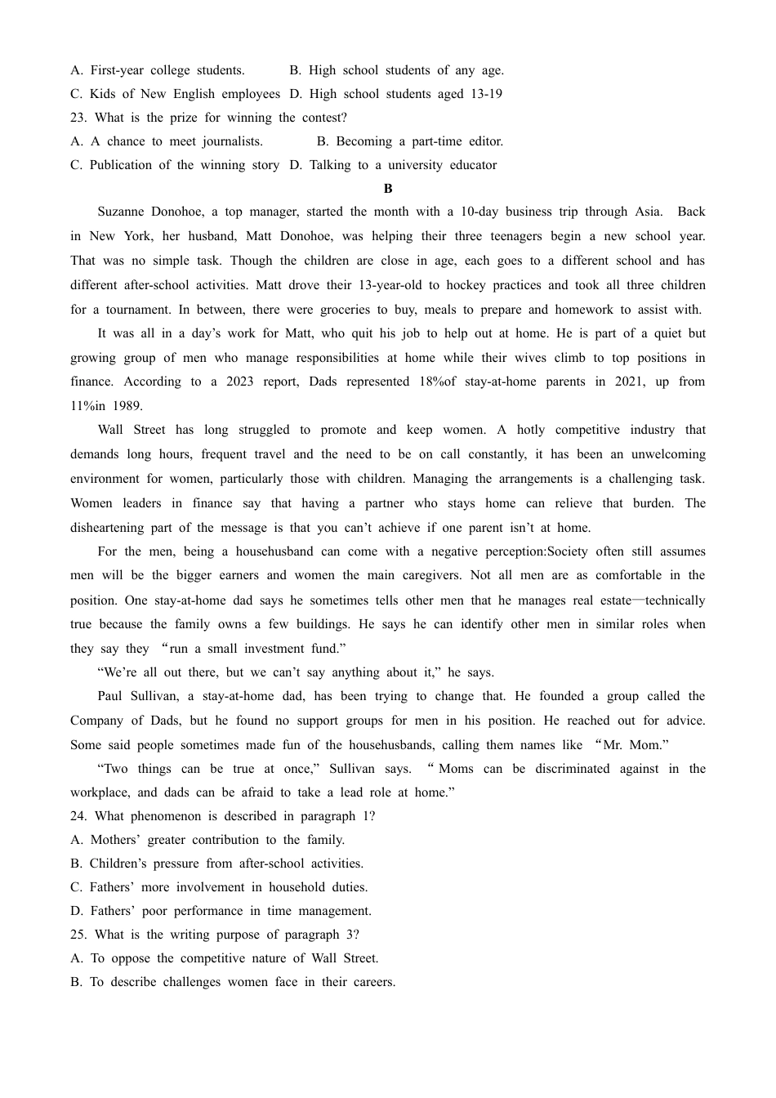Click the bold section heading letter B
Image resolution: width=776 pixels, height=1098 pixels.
[388, 189]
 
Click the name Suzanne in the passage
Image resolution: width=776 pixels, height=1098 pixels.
[122, 212]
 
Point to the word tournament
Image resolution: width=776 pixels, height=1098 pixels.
[131, 310]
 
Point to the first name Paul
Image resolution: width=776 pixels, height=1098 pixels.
[109, 696]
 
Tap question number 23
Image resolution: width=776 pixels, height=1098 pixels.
[78, 118]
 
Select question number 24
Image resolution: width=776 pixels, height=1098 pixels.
[78, 816]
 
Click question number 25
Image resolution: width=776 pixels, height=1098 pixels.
[78, 935]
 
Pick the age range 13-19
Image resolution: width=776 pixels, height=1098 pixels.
[486, 94]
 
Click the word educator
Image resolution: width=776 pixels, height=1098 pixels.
[471, 165]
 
